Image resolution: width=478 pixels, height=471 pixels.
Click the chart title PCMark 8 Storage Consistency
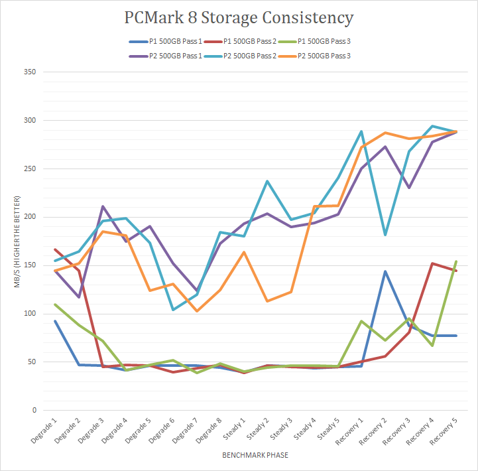click(239, 17)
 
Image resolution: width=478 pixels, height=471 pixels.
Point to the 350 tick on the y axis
click(29, 72)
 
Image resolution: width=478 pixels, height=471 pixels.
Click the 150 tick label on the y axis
click(29, 265)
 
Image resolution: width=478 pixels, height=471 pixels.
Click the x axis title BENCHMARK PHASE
click(255, 456)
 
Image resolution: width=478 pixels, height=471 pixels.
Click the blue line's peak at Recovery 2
click(385, 271)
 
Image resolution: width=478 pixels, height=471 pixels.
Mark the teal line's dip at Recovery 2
click(385, 235)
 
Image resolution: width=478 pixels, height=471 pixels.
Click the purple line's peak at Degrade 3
click(103, 206)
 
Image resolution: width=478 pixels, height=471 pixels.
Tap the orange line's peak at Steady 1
click(244, 252)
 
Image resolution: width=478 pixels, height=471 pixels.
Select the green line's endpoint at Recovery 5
click(455, 261)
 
